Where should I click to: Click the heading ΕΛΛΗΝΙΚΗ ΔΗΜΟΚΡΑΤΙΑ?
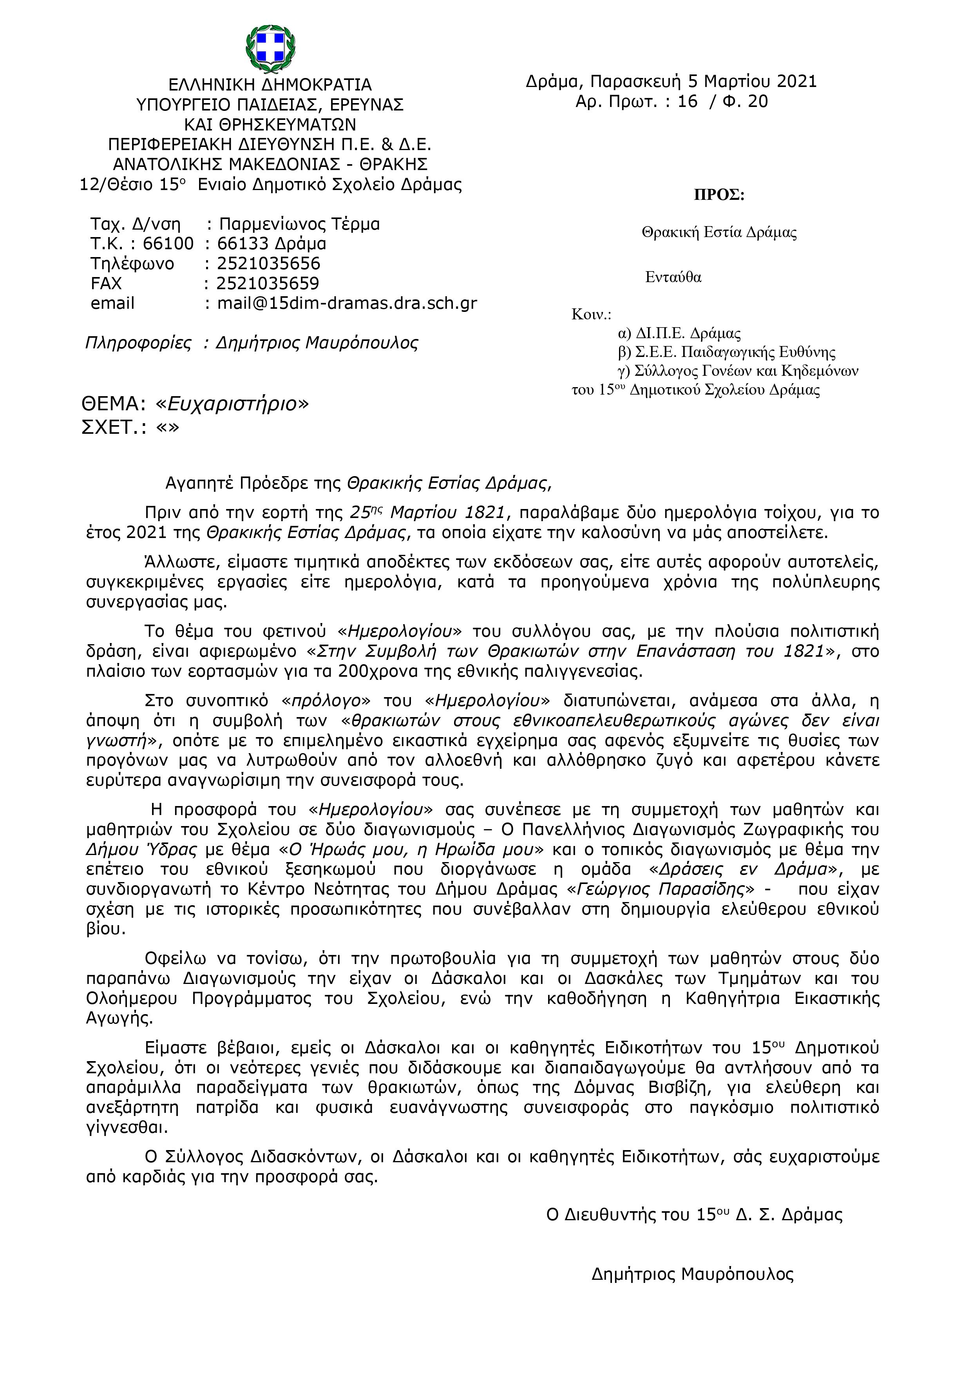tap(270, 84)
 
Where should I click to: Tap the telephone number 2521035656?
tap(268, 263)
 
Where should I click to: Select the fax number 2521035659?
tap(268, 283)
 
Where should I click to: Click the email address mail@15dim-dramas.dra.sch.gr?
tap(347, 303)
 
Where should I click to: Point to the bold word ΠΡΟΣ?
tap(719, 195)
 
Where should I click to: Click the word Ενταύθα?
tap(673, 277)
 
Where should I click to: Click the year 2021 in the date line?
tap(796, 82)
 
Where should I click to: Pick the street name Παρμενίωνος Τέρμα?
tap(299, 224)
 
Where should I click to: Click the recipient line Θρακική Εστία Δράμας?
tap(719, 233)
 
